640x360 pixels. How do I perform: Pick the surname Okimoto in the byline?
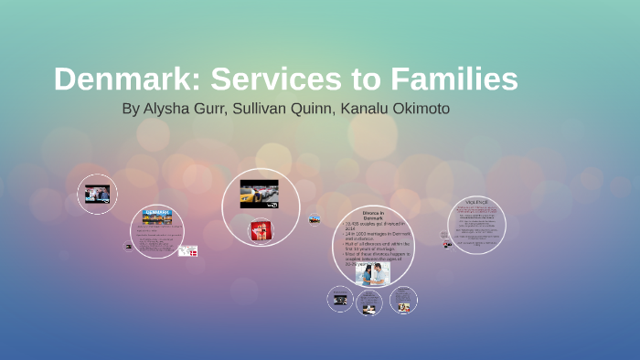pos(418,109)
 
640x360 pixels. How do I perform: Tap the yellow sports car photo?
pos(259,194)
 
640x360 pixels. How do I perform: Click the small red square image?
pos(260,231)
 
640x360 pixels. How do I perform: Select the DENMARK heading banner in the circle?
pos(157,213)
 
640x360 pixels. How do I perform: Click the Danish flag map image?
pos(188,250)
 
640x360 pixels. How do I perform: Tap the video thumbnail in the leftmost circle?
pos(97,194)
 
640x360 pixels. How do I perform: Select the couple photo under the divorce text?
pos(373,273)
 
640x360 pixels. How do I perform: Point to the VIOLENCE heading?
pos(476,201)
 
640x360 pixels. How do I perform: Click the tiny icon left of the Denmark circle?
pos(129,246)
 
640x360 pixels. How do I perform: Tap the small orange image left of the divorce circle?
pos(315,219)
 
